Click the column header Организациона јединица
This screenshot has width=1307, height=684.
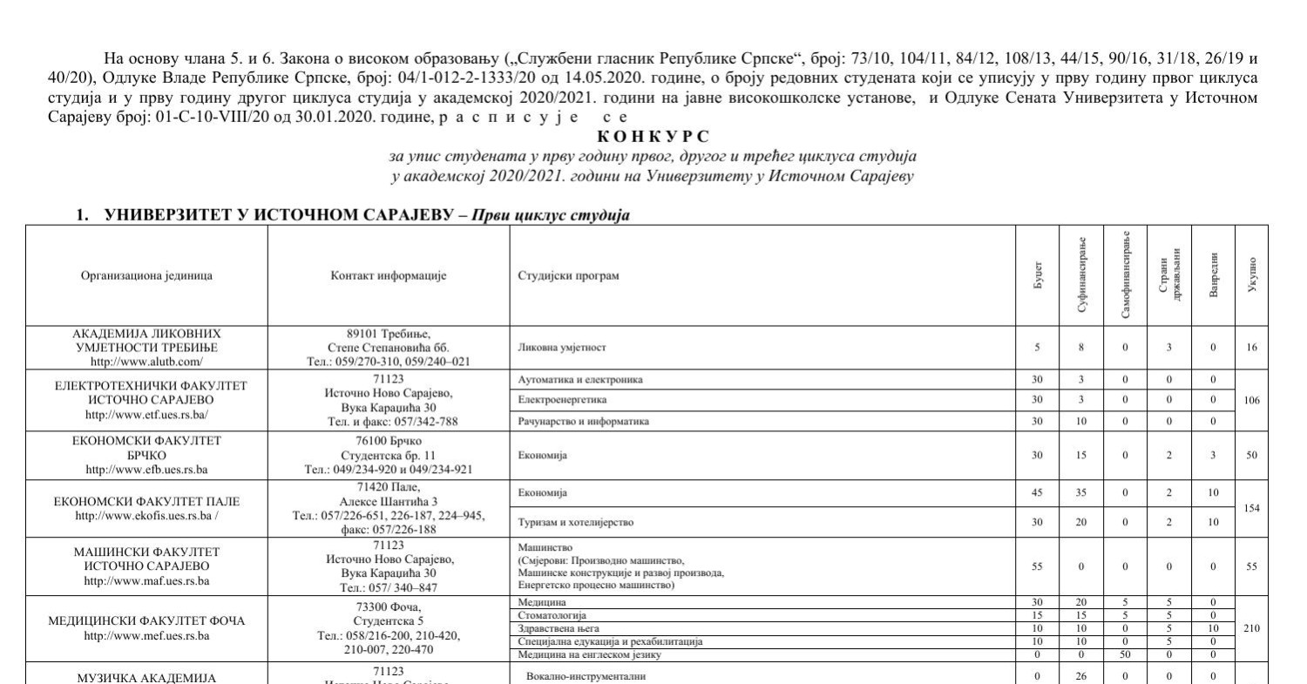[x=146, y=275]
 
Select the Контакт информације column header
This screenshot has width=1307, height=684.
[x=389, y=275]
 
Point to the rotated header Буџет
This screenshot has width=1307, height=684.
[x=1037, y=275]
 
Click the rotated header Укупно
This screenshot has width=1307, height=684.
[x=1252, y=275]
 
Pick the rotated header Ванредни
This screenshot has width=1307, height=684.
[x=1213, y=275]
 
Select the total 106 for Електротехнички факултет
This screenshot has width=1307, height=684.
[x=1252, y=401]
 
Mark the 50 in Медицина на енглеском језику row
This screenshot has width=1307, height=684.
[x=1125, y=654]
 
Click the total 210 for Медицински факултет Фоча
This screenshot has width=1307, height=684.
[x=1252, y=627]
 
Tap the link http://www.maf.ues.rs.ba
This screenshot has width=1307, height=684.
[x=146, y=579]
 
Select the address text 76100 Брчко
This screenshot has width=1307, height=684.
[x=389, y=440]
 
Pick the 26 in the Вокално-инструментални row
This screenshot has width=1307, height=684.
[x=1081, y=675]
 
